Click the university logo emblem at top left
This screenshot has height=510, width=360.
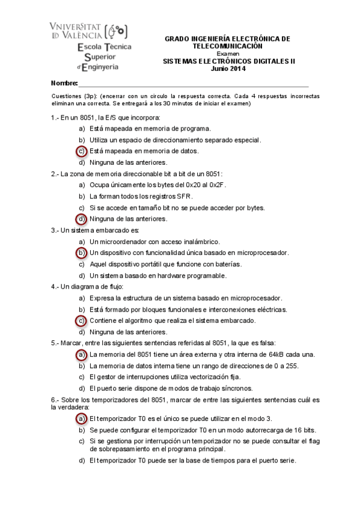click(118, 31)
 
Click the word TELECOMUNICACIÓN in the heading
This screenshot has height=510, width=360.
click(227, 46)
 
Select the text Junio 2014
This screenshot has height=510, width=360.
click(228, 68)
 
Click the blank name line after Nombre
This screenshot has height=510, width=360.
click(192, 84)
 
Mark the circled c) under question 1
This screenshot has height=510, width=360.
click(82, 151)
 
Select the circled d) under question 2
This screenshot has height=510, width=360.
click(82, 218)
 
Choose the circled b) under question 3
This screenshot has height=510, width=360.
click(82, 253)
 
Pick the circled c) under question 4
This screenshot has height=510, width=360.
click(82, 321)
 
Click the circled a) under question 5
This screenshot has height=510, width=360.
click(82, 355)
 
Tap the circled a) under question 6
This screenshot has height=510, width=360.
click(82, 418)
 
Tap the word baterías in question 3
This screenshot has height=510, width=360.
click(227, 264)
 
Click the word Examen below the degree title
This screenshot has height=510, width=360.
click(227, 54)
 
